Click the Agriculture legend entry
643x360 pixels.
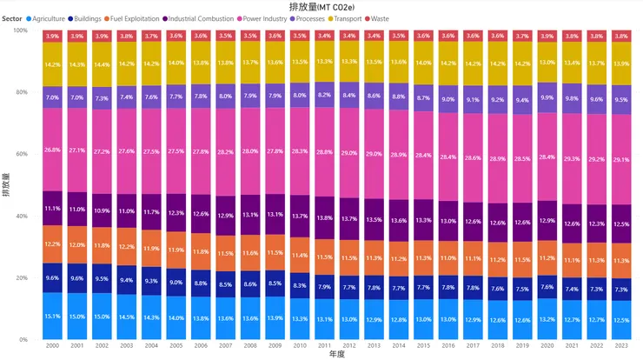coord(49,18)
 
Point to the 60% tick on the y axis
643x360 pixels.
coord(21,154)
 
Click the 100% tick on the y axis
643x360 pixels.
coord(19,30)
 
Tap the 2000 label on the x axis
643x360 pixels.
coord(51,345)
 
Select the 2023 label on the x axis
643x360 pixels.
coord(621,345)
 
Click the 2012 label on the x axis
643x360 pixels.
coord(348,345)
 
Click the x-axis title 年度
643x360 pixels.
coord(336,355)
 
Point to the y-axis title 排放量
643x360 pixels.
coord(6,185)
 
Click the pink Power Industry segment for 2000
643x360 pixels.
coord(51,149)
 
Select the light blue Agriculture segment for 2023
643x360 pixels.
coord(621,320)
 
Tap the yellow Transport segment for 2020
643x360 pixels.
coord(547,63)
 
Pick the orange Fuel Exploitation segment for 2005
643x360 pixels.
coord(176,250)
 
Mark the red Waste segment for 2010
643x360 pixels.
coord(299,36)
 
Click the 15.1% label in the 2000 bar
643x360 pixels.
coord(51,316)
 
